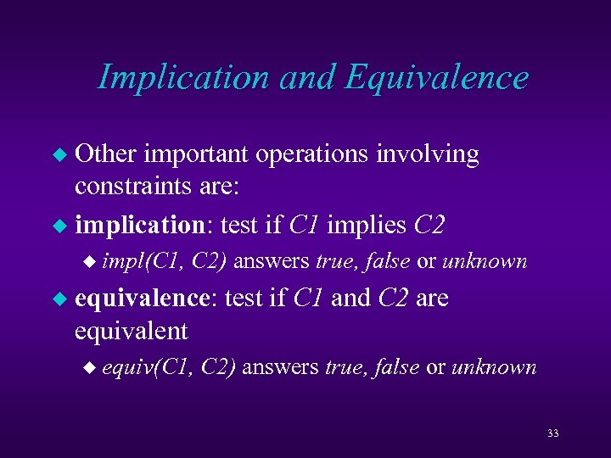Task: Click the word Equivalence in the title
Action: (436, 78)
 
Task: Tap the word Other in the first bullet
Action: (106, 154)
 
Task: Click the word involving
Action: (433, 155)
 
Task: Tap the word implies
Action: (367, 226)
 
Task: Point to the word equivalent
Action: (131, 330)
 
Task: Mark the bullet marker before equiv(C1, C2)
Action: (92, 368)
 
